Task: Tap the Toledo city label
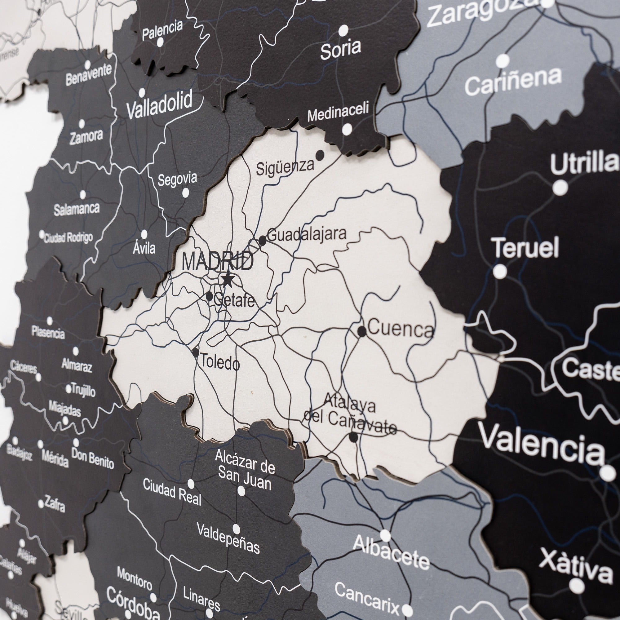pos(220,363)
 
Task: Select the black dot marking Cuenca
pos(362,331)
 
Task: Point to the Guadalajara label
pos(307,234)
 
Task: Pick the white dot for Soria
pos(343,30)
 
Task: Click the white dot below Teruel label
pos(500,272)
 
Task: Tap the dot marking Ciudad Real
pos(191,484)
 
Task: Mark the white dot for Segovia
pos(185,193)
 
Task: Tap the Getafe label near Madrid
pos(234,301)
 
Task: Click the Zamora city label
pos(86,137)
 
